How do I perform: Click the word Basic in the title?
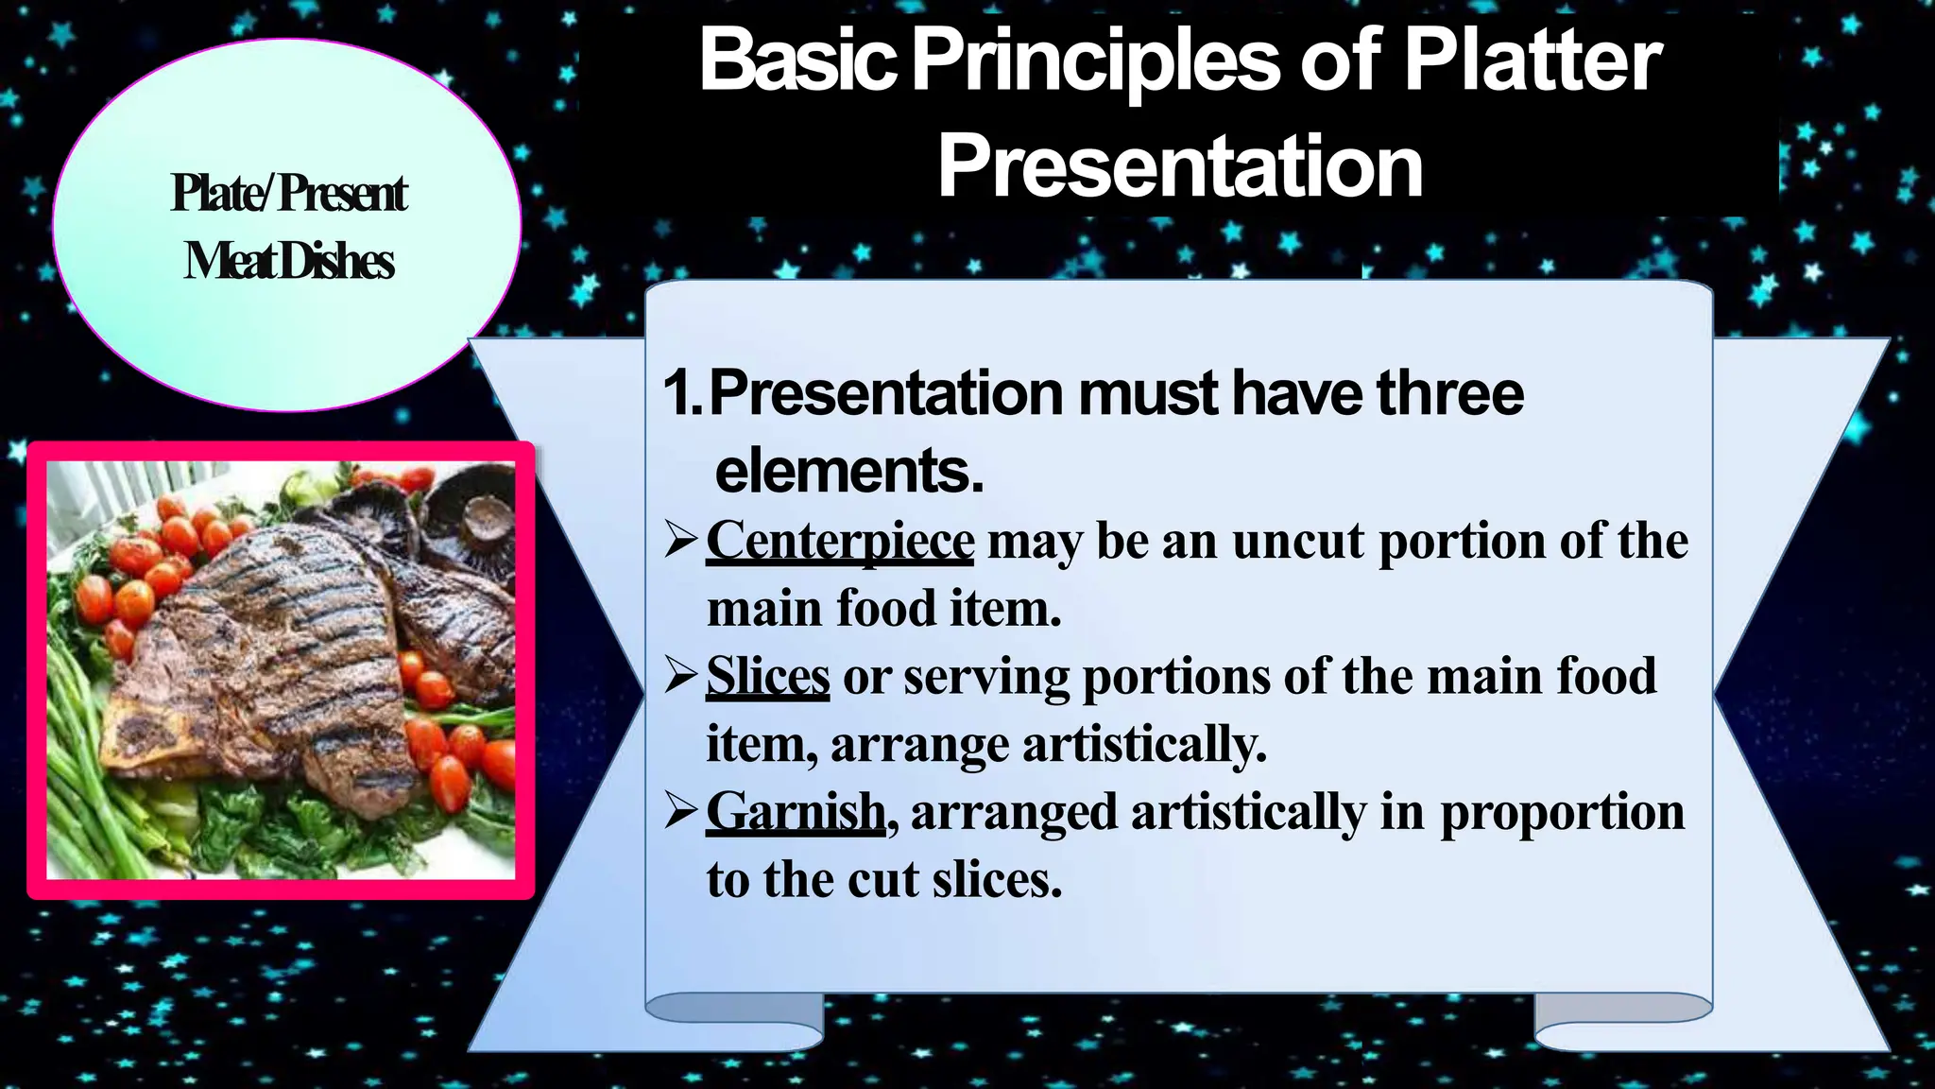(x=796, y=60)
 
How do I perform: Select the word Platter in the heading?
(x=1532, y=60)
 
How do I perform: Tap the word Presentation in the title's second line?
(x=1179, y=166)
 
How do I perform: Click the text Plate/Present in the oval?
(x=288, y=194)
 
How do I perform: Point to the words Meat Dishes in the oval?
(x=288, y=261)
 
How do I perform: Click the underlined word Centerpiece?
(x=839, y=542)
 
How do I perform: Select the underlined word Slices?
(x=767, y=677)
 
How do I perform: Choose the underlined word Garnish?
(x=796, y=812)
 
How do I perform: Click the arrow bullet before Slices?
(x=680, y=675)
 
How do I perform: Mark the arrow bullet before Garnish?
(x=680, y=810)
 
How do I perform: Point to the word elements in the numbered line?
(x=848, y=471)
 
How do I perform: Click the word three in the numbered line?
(x=1449, y=393)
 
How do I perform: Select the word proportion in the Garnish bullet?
(x=1561, y=812)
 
